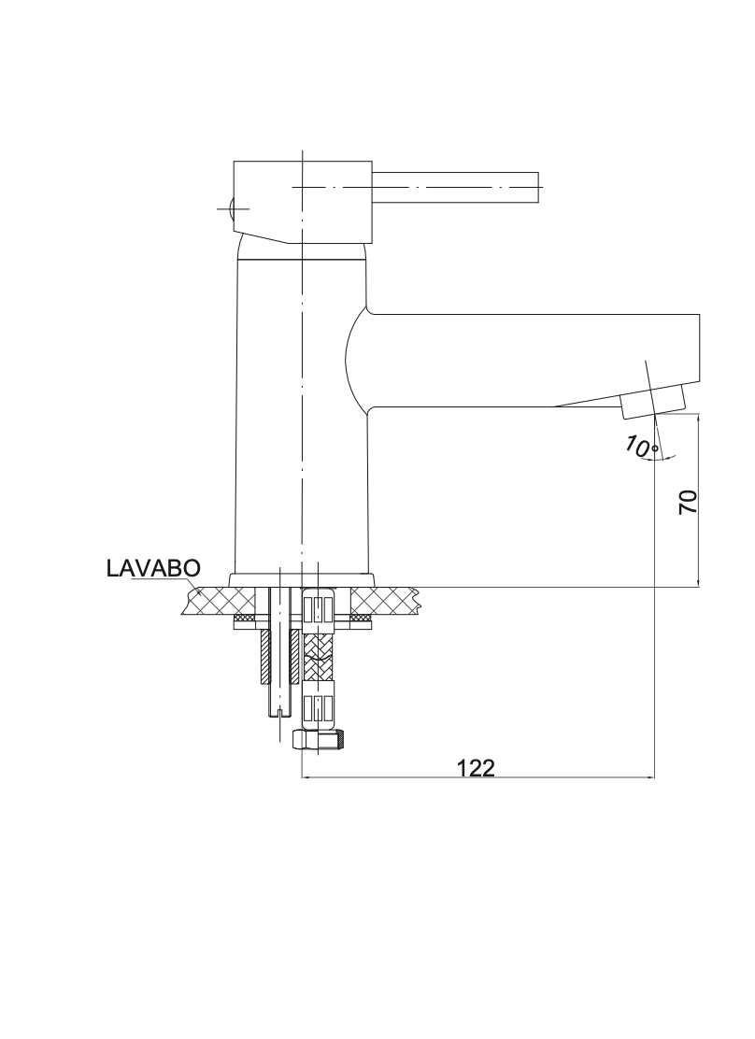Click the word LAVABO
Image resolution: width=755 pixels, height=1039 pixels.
coord(153,568)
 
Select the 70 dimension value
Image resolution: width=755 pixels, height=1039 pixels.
coord(688,502)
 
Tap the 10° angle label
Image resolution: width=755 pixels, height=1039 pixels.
coord(640,448)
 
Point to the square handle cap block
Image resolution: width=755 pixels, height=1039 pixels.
coord(302,202)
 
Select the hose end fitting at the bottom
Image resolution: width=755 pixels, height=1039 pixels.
coord(319,740)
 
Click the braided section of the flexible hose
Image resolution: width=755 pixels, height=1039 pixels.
coord(319,657)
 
